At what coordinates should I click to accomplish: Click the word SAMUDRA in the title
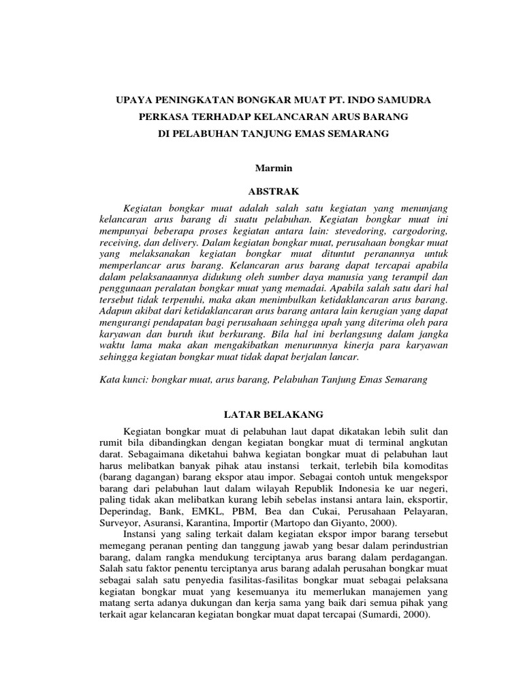(x=402, y=100)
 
